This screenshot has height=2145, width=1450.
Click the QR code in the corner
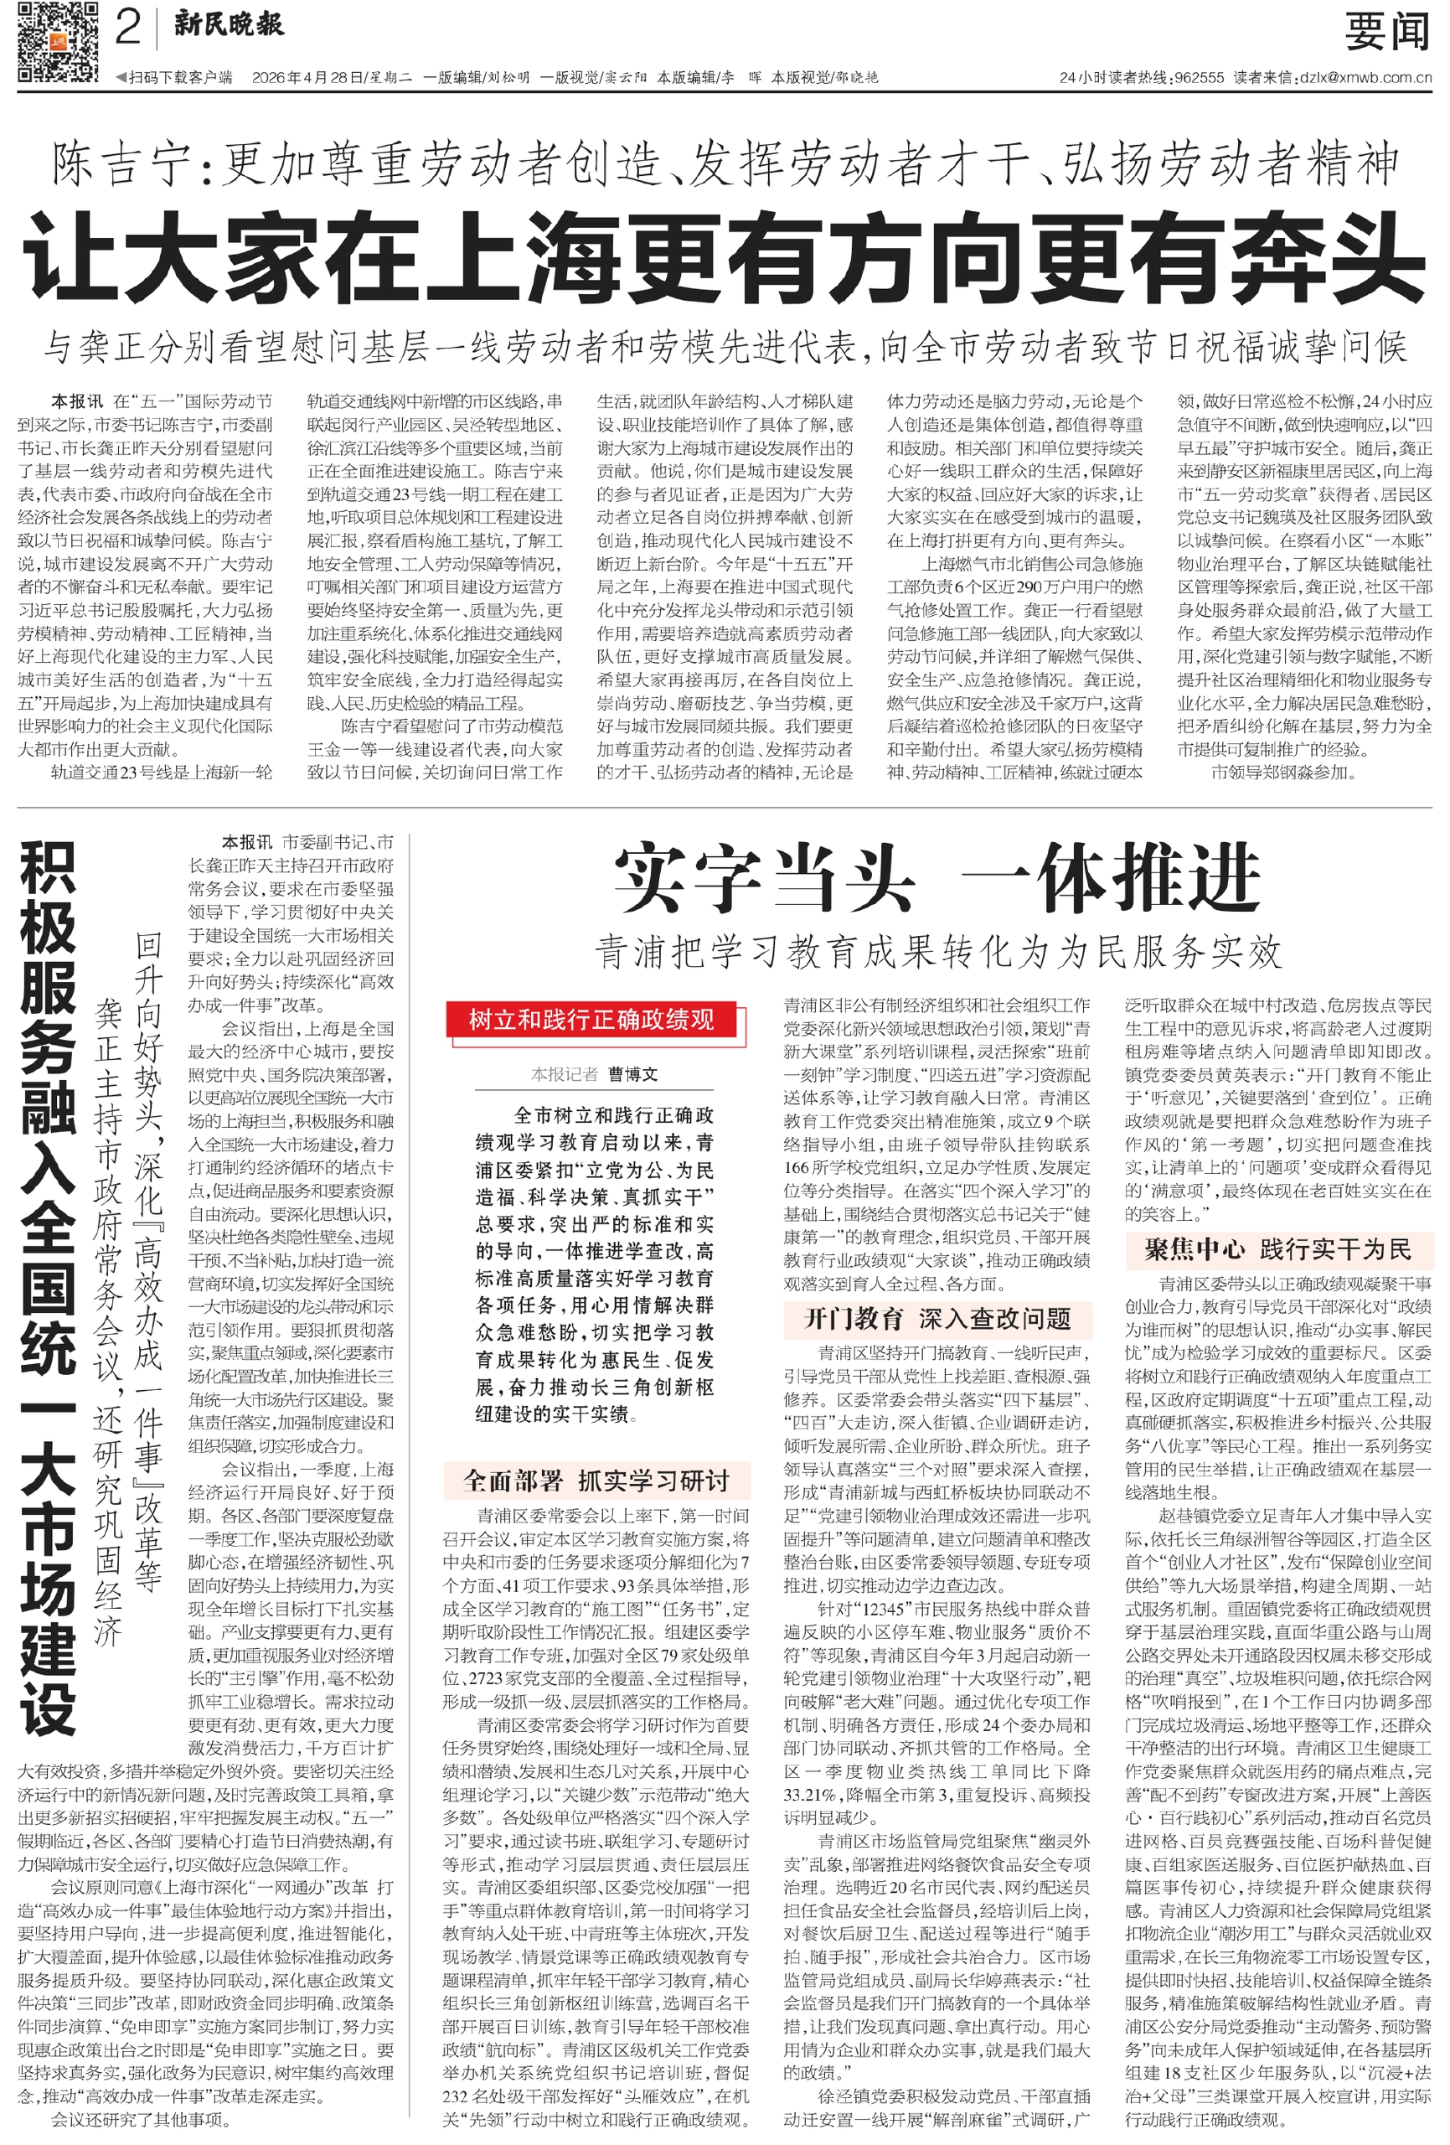coord(57,42)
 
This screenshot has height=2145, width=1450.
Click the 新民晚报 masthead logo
coord(229,25)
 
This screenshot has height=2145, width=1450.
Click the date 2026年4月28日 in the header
coord(307,79)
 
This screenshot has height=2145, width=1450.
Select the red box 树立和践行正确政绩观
coord(591,1020)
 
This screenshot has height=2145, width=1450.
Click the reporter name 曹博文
coord(632,1073)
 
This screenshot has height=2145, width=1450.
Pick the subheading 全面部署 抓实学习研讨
coord(596,1481)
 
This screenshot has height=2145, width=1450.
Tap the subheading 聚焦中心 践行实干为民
coord(1277,1249)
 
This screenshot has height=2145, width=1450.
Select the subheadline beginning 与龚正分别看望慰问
coord(725,348)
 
